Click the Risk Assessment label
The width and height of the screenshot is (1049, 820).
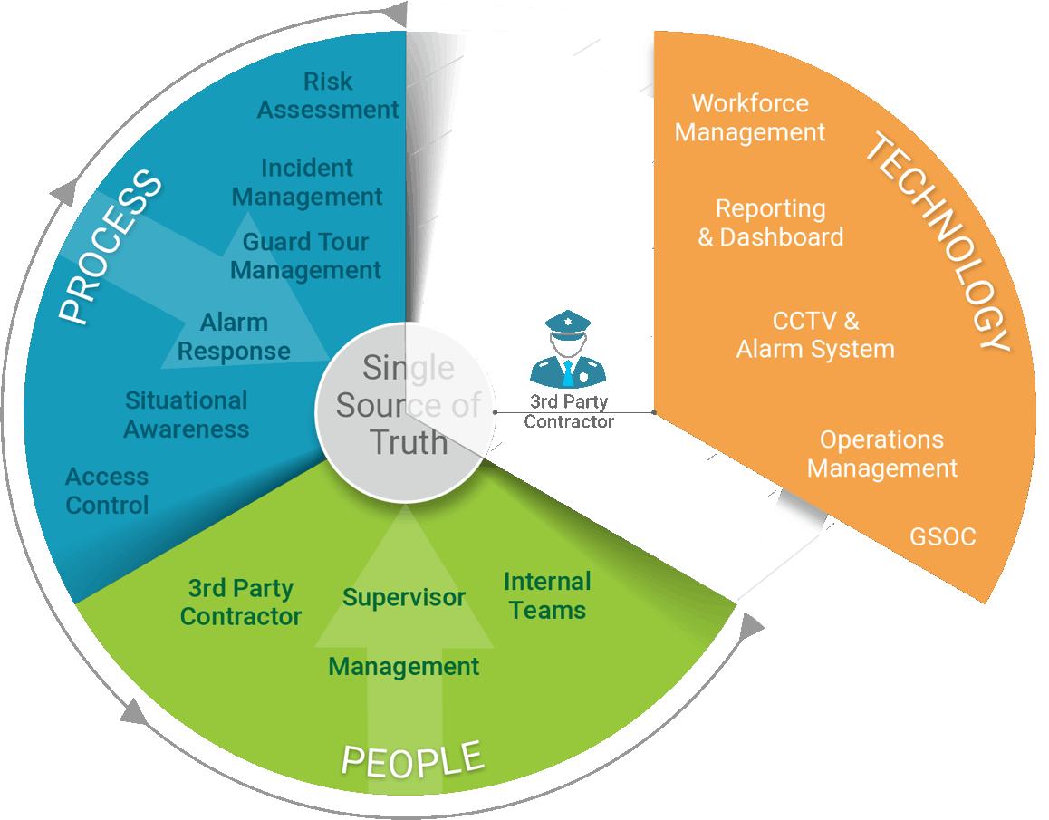click(x=328, y=95)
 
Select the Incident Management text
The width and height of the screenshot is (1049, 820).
click(x=307, y=182)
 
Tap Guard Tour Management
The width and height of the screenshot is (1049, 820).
click(x=305, y=256)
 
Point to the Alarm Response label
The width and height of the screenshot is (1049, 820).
click(x=234, y=337)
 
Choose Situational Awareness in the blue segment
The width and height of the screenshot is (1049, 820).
click(x=187, y=415)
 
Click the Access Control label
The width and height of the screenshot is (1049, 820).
click(x=107, y=491)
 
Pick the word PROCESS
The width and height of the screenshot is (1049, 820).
click(x=111, y=246)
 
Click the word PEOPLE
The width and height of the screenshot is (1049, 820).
click(x=411, y=757)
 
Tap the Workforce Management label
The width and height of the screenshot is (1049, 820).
click(x=750, y=118)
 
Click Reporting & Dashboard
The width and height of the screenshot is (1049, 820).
click(x=771, y=223)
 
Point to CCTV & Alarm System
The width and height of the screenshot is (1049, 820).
click(x=815, y=335)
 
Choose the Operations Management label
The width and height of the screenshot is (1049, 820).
click(x=882, y=454)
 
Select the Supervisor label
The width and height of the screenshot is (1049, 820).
click(x=404, y=598)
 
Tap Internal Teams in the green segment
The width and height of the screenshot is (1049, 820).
click(x=547, y=595)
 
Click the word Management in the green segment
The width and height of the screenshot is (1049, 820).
click(x=403, y=667)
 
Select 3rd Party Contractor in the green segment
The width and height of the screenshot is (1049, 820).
click(x=241, y=603)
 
